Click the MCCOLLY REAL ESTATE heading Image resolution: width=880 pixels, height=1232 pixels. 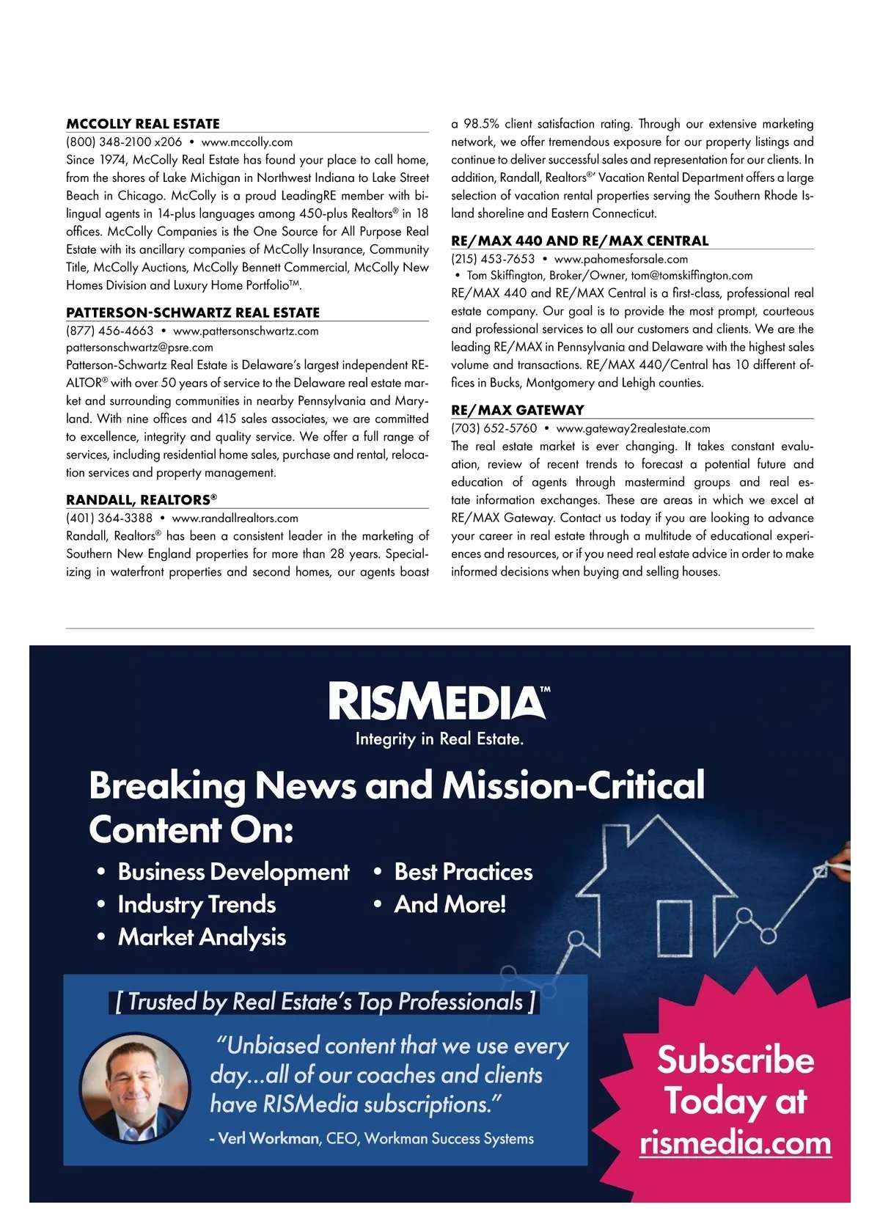coord(143,124)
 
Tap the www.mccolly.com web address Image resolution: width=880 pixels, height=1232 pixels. coord(246,142)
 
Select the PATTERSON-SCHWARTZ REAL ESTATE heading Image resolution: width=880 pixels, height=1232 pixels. coord(193,312)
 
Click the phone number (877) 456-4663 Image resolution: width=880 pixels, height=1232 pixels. coord(110,331)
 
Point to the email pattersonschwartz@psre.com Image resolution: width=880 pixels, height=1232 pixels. coord(139,348)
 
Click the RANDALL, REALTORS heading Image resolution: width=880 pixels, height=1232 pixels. coord(142,500)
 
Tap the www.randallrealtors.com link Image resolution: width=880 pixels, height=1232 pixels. coord(235,518)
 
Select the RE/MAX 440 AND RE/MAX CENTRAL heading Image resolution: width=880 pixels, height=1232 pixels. coord(579,241)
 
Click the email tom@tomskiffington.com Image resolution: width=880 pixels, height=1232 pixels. coord(692,276)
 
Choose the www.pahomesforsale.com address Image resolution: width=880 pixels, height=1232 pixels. coord(621,259)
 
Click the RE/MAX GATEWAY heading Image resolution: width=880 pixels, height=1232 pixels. coord(518,410)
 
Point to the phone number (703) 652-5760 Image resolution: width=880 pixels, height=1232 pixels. coord(494,428)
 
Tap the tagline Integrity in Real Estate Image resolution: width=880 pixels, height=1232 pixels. coord(439,739)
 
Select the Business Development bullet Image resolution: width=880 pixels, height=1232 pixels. coord(233,872)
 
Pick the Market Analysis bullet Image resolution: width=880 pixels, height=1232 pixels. coord(202,937)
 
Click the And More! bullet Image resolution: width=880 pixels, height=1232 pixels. coord(450,904)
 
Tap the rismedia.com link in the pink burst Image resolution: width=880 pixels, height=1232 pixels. coord(735,1143)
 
